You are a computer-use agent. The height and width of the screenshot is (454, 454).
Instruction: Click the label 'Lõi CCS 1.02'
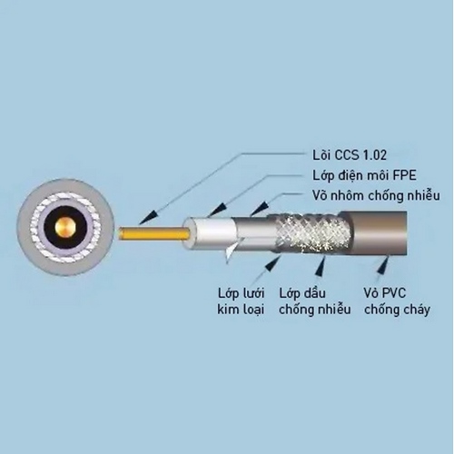point(350,155)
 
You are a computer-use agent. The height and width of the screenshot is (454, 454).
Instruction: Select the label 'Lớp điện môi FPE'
point(364,175)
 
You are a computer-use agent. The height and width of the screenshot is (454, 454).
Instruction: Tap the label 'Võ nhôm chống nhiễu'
point(376,196)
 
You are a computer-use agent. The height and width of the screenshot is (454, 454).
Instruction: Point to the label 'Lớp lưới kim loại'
point(241,301)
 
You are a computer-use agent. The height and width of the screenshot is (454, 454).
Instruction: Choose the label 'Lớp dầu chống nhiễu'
point(315,301)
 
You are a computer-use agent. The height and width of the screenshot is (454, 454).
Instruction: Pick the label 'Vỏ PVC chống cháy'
point(397,301)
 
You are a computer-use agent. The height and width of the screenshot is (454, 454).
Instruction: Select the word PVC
point(393,293)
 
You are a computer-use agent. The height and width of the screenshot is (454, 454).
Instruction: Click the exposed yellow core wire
point(154,234)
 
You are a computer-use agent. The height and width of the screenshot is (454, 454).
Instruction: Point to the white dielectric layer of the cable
point(211,232)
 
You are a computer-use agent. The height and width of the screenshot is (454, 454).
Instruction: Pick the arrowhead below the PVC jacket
point(385,264)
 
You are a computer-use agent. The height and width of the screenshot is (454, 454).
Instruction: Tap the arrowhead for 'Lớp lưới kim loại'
point(273,263)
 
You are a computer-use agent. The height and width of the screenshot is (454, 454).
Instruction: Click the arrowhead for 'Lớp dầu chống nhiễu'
point(321,265)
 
